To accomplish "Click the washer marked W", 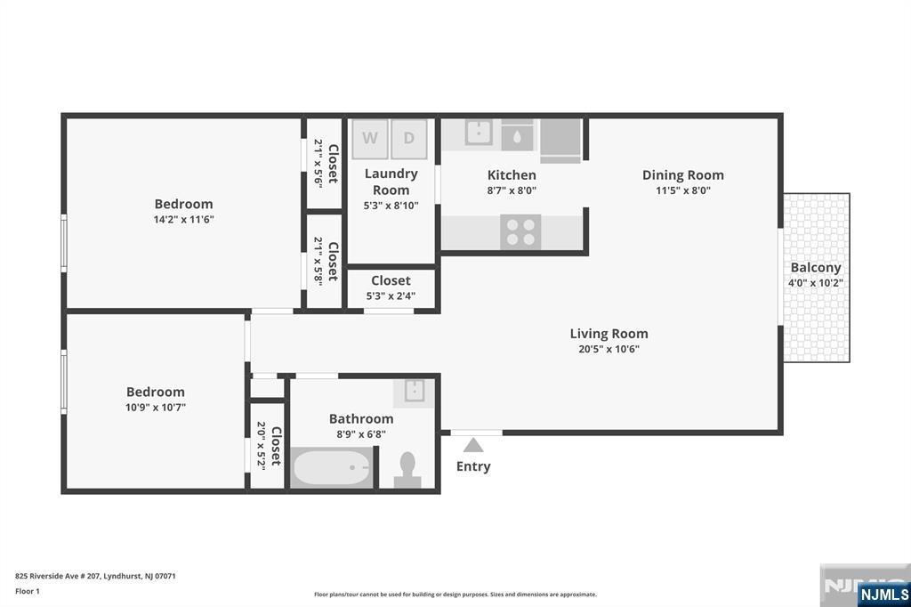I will click(370, 138).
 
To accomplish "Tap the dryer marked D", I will click(409, 138).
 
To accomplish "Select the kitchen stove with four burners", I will click(520, 231).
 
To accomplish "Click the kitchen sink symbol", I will click(479, 133).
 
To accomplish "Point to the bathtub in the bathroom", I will click(332, 467).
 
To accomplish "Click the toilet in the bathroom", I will click(407, 469).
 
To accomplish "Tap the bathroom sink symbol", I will click(415, 392).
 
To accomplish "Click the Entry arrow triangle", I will click(473, 445).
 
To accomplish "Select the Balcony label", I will click(816, 267).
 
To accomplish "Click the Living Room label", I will click(609, 334).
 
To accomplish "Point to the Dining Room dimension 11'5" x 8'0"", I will click(683, 190).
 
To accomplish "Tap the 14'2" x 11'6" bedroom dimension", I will click(183, 219).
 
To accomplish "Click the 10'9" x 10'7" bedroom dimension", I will click(156, 408).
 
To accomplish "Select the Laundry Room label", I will click(391, 182).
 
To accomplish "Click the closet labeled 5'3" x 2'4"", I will click(391, 287).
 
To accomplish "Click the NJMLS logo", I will click(883, 594).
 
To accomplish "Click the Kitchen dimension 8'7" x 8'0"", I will click(512, 190).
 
